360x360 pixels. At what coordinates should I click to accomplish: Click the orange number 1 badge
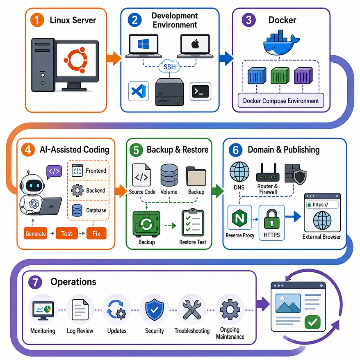point(37,20)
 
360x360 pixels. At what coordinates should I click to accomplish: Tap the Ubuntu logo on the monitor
point(76,60)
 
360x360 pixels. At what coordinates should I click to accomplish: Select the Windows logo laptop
point(144,46)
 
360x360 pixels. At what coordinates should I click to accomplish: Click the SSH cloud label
point(170,67)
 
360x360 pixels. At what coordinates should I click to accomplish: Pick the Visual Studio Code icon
point(139,91)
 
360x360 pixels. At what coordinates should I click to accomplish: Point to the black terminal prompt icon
point(201,91)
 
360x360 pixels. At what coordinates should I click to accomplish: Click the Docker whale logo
point(281,43)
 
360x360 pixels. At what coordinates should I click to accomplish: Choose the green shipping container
point(280,75)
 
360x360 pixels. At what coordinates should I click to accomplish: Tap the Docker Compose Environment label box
point(281,100)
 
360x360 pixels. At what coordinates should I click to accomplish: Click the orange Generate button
point(35,233)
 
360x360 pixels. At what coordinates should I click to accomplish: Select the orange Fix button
point(96,233)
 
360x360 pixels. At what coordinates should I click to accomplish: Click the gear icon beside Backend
point(77,190)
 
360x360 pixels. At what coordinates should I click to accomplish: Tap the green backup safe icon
point(146,224)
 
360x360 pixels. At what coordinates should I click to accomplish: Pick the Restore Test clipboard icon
point(193,223)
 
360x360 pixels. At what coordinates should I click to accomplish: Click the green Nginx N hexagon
point(240,217)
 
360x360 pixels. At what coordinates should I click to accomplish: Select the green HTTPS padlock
point(271,219)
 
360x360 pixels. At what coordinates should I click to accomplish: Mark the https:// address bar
point(322,205)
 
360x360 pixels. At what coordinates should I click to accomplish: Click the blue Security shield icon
point(155,310)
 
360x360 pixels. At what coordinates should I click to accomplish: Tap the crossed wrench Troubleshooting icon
point(192,310)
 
